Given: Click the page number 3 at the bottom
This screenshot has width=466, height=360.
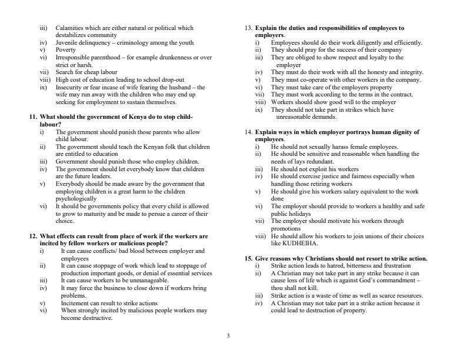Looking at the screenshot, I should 228,336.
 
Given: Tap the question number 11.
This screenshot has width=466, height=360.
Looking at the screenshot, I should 33,117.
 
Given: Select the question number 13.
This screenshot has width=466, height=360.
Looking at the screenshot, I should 247,28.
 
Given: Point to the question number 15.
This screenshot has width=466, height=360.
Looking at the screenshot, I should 247,258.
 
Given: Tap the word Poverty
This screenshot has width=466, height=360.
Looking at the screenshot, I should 66,50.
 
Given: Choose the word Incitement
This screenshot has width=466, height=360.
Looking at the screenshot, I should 75,303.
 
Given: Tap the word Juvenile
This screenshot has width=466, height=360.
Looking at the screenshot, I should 67,42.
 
